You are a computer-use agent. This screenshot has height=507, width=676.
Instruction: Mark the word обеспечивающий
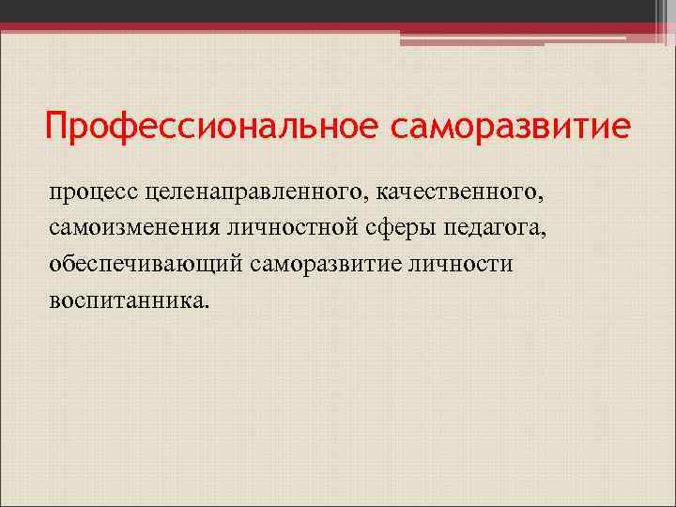[147, 264]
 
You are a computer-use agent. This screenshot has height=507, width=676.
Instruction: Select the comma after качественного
[540, 198]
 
